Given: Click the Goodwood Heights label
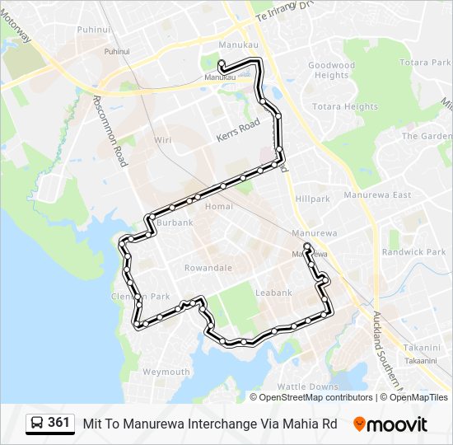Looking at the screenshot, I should [x=331, y=70].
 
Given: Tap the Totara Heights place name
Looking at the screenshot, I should [x=345, y=107].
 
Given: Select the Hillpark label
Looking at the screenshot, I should [x=312, y=199].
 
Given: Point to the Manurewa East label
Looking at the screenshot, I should [x=377, y=195].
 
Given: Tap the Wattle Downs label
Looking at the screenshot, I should [x=307, y=386].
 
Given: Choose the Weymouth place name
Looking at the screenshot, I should [x=166, y=372].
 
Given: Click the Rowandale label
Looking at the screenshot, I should [x=208, y=268].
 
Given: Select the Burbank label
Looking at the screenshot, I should [x=175, y=222].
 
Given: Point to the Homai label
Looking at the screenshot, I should [x=213, y=206].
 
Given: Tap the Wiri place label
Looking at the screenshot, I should [x=163, y=141].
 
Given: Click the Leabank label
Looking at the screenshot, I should [x=274, y=293].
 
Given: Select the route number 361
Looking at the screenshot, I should [x=58, y=423].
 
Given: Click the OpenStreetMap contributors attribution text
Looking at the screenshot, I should [x=315, y=397].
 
